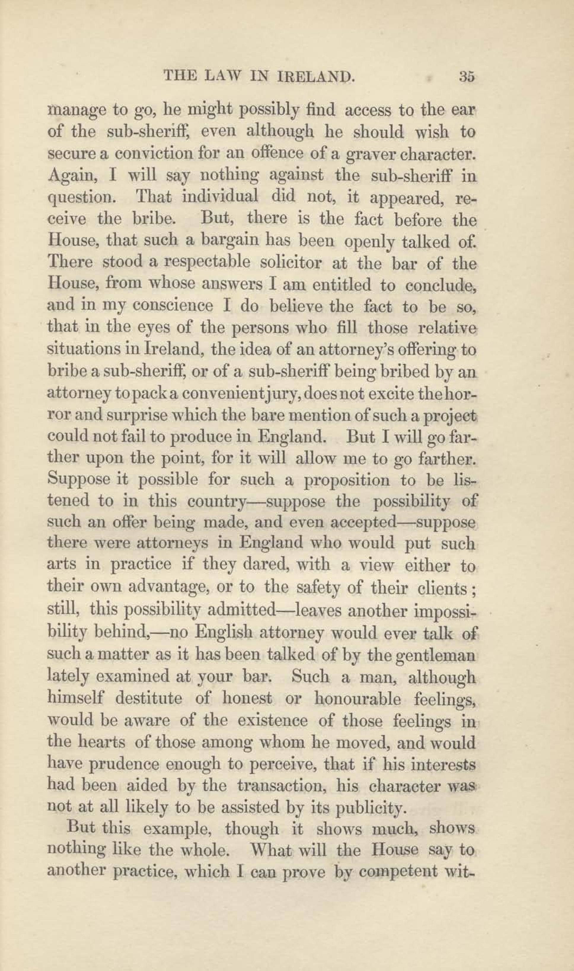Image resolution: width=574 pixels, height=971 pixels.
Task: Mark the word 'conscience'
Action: point(173,306)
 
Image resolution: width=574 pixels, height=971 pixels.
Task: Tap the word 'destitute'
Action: point(149,698)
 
